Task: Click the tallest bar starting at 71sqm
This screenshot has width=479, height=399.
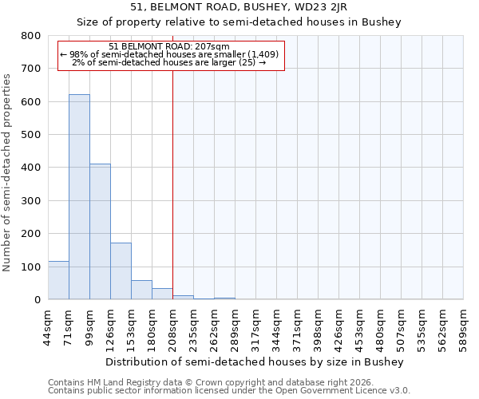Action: point(79,197)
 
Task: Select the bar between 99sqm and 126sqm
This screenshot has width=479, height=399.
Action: point(100,231)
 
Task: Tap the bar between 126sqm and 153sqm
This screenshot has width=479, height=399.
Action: point(121,271)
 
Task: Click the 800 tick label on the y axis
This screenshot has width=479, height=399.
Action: point(30,36)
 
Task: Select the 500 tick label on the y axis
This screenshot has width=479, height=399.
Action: point(30,135)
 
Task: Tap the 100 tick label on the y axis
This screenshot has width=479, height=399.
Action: point(30,267)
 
